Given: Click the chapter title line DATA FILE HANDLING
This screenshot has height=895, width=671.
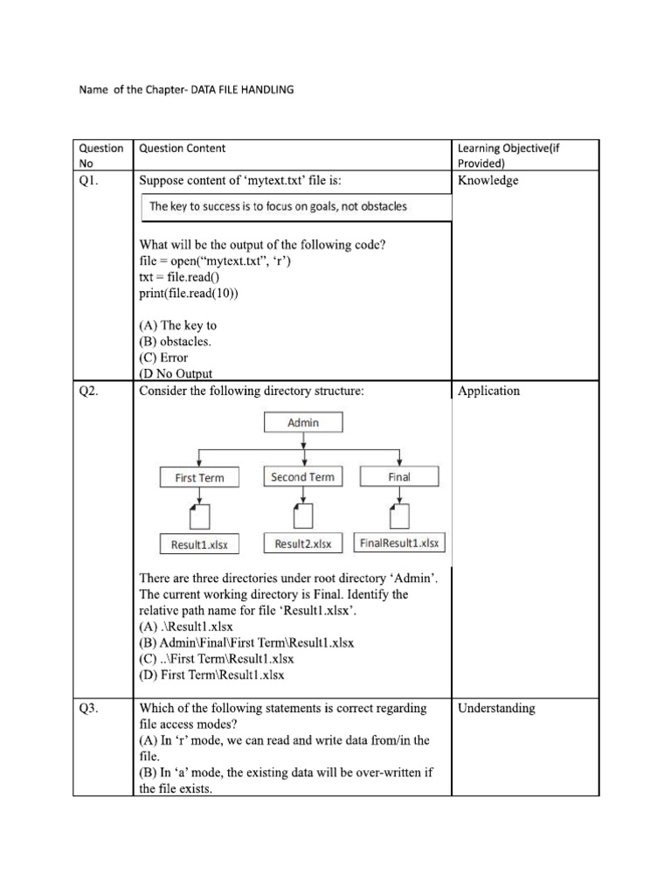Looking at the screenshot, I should coord(187,89).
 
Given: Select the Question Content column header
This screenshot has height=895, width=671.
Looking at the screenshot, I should coord(182,149).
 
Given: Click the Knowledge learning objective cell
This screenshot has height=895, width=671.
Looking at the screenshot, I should coord(488,181).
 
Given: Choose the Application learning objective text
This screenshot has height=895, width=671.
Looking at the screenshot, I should coord(488,391).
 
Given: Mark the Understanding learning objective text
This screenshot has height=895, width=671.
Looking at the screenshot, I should coord(496,709).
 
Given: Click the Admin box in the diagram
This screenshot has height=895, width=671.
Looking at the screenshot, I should coord(303,422).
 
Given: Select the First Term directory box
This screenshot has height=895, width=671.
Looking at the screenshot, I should coord(199,477).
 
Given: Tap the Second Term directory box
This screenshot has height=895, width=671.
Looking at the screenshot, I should coord(302,476).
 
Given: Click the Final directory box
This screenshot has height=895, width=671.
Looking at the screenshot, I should coord(400,476).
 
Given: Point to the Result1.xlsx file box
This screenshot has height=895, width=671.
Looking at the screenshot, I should coord(199,545).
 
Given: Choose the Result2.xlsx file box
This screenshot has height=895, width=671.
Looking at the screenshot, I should coord(302,544).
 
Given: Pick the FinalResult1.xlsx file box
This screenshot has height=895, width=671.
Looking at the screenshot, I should coord(400,543).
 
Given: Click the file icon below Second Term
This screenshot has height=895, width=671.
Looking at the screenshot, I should coord(302,515).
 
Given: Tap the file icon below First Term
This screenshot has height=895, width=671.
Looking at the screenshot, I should coord(199,515).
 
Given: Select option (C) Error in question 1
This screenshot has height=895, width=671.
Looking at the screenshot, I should coord(163,357).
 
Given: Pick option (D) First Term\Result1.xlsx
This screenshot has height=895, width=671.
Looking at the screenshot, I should coord(211,675).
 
